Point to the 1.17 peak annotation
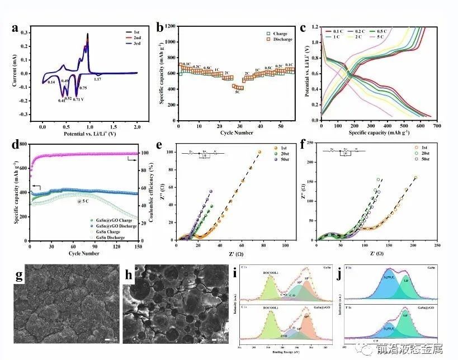click(97, 79)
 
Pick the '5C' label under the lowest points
click(237, 92)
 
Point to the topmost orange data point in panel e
click(259, 152)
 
